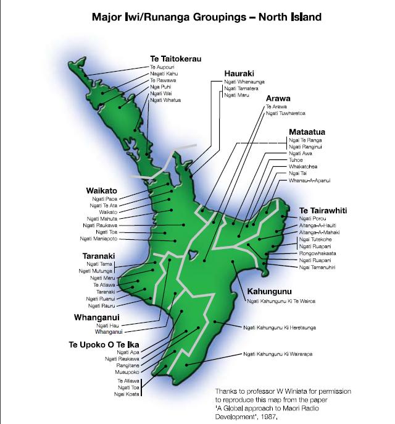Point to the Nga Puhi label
pos(159,87)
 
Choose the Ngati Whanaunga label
pos(244,81)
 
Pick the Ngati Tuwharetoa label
pos(285,114)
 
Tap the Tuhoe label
pos(296,160)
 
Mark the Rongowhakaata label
pos(318,252)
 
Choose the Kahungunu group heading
pos(268,290)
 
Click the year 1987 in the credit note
pos(263,416)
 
